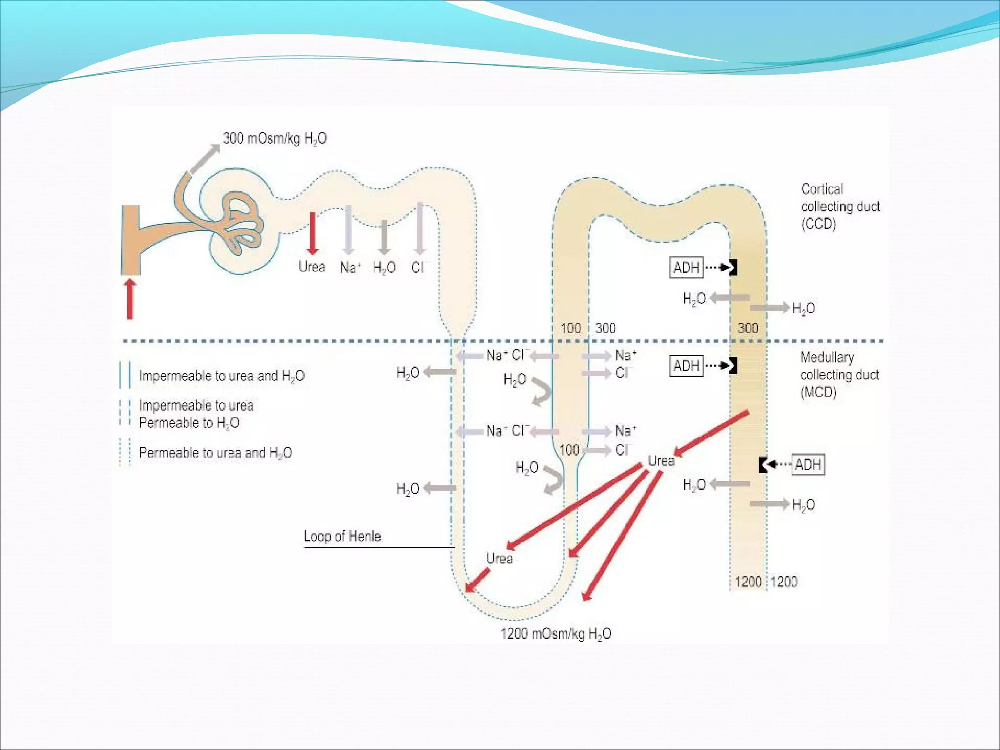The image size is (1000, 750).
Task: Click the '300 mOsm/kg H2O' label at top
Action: (274, 139)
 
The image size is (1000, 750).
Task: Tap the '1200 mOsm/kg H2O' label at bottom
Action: (556, 634)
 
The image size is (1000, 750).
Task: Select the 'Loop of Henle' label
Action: (342, 536)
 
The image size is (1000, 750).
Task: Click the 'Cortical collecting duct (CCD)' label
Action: (840, 207)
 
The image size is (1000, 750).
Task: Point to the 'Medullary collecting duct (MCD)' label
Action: (839, 375)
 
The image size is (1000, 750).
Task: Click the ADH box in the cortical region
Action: (686, 268)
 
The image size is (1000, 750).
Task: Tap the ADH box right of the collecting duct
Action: (808, 464)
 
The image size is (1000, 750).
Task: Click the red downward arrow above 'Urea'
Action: (312, 233)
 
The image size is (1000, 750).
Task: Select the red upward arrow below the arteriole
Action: (130, 299)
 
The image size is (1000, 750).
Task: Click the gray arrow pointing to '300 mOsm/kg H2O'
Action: (204, 159)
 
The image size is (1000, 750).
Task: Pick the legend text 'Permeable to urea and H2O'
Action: (215, 453)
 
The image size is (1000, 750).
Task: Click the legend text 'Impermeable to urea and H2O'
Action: (221, 376)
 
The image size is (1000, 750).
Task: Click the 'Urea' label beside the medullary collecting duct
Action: (661, 461)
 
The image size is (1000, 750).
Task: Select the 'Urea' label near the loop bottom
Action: (499, 559)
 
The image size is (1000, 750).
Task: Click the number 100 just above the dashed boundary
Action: (570, 328)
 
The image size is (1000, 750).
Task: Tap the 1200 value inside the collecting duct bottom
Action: (748, 582)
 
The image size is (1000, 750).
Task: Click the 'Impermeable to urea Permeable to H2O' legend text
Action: (196, 414)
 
